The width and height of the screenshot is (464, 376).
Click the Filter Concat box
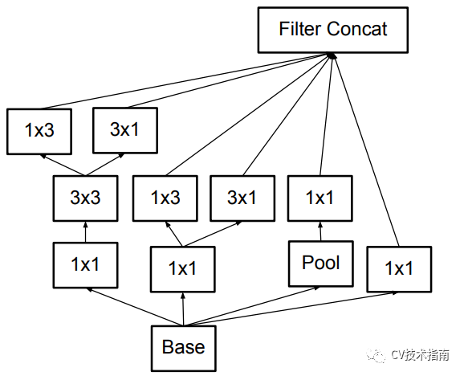333,31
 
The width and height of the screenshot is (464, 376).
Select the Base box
184,348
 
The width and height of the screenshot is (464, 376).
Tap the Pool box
321,264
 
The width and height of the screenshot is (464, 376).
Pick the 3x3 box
86,198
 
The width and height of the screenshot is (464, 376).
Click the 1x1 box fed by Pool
320,198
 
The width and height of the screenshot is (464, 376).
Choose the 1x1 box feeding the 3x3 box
86,265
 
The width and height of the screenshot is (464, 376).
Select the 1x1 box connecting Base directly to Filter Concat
399,269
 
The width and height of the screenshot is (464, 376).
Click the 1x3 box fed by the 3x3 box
39,132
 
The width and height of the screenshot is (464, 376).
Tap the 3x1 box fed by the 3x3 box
125,131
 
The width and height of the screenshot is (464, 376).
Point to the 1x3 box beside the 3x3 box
165,198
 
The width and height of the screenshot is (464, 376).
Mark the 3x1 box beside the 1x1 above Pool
242,198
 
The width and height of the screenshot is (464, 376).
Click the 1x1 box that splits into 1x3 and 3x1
183,269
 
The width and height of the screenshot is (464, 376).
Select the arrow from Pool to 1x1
320,231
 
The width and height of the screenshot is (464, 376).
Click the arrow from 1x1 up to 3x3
86,232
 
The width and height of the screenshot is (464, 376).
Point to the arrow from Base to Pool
251,306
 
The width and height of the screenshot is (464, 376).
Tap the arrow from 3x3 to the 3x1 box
104,165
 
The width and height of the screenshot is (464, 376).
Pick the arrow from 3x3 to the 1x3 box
63,165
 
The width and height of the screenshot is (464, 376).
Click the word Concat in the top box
356,29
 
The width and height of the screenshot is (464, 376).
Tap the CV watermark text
420,354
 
